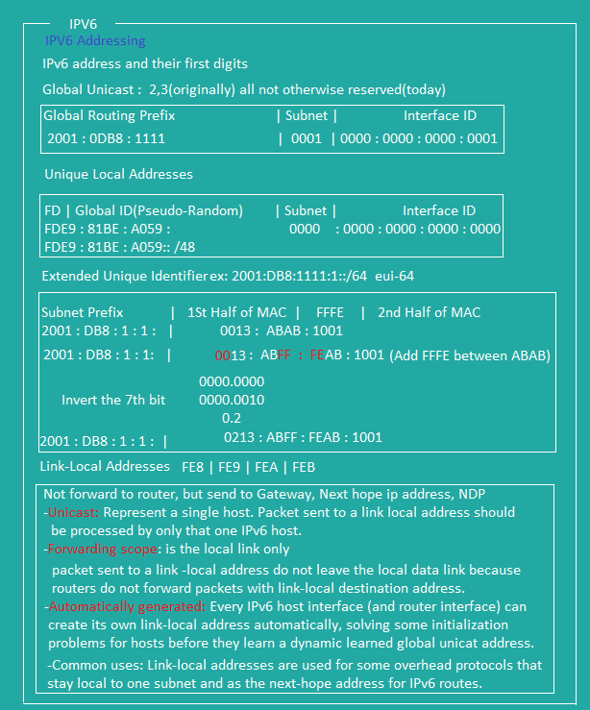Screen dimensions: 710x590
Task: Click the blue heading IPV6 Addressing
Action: click(95, 41)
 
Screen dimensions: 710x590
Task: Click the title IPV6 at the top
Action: click(84, 22)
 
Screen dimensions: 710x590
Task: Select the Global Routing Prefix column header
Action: click(110, 116)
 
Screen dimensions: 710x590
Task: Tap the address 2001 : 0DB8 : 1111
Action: click(106, 139)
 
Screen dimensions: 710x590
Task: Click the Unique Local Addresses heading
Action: click(118, 175)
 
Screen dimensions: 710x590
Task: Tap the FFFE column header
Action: click(330, 312)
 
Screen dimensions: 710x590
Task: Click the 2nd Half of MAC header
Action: click(430, 312)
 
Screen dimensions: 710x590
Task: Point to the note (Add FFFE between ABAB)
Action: click(470, 355)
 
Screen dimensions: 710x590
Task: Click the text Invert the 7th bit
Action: click(113, 400)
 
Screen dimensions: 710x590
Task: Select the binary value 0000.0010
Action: click(232, 400)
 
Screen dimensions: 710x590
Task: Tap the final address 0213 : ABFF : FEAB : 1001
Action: click(303, 438)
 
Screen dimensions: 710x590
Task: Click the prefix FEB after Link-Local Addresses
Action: click(304, 467)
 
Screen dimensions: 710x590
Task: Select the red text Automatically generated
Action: click(127, 607)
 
